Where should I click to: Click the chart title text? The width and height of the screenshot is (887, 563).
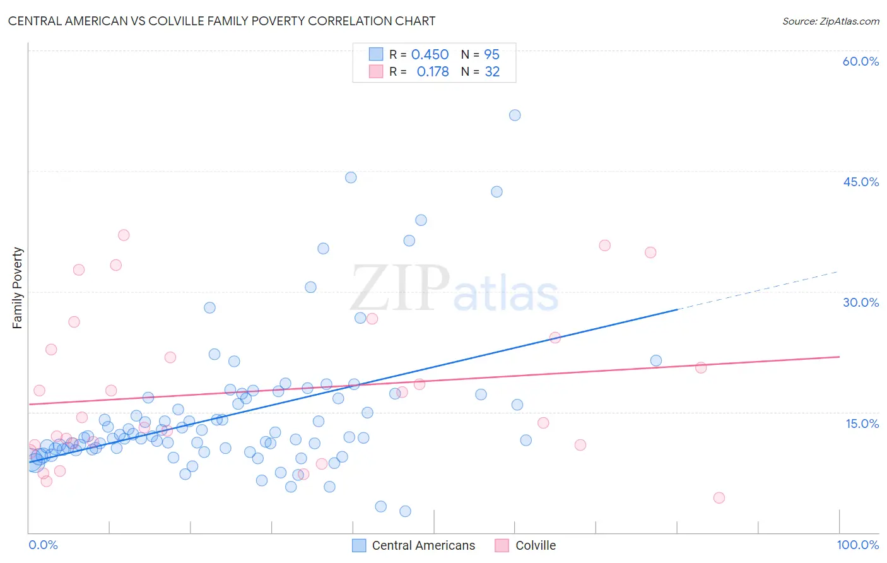[x=221, y=21]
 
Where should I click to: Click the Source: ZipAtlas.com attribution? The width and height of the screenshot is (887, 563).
[x=830, y=21]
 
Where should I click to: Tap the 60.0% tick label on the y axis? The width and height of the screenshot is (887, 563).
[x=861, y=61]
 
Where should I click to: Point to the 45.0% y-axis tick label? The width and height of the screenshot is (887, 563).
[x=861, y=182]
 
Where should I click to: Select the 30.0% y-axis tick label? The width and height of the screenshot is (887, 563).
[x=861, y=302]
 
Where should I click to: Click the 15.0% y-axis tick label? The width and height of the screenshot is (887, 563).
[x=862, y=424]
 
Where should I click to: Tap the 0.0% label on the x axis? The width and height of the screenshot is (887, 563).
[x=43, y=545]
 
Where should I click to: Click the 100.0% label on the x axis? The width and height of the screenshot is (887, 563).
[x=857, y=545]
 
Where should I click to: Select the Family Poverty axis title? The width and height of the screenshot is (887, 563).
[x=18, y=288]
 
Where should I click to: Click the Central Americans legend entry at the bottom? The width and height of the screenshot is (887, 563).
[x=423, y=545]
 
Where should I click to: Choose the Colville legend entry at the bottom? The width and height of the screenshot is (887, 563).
[x=535, y=545]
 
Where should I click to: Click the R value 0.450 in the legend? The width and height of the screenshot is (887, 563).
[x=430, y=55]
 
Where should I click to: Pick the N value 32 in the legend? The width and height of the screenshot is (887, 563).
[x=492, y=72]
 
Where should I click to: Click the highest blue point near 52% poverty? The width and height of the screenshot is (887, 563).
[x=515, y=115]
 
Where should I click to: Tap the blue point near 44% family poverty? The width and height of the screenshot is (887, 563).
[x=351, y=177]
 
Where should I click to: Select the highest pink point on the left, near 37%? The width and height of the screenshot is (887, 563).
[x=124, y=235]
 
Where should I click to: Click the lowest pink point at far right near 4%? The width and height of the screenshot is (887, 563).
[x=719, y=498]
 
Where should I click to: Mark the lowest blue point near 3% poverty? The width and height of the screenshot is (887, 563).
[x=405, y=511]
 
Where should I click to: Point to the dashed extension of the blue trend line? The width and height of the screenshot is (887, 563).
[x=757, y=290]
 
